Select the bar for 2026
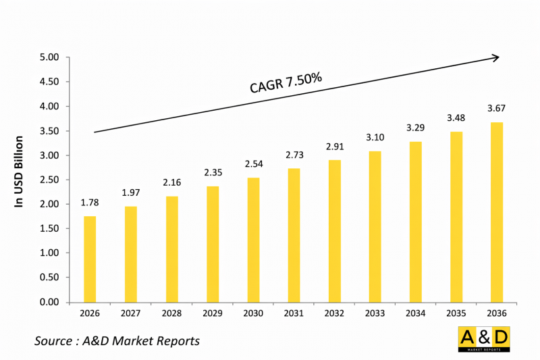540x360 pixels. pos(90,259)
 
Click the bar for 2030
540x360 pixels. pos(252,240)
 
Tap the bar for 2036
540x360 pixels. pos(497,212)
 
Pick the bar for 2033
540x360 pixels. pos(375,226)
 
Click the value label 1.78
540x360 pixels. pos(90,203)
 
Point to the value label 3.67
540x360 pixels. pos(497,108)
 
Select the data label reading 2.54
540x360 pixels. pos(252,164)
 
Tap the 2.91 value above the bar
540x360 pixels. pos(334,146)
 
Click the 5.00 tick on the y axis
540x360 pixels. pos(50,57)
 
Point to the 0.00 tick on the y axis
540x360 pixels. pos(50,302)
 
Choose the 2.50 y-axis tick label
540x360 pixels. pos(50,180)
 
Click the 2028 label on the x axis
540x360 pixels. pos(171,314)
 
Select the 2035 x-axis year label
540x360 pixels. pos(456,314)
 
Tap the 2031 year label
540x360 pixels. pos(294,314)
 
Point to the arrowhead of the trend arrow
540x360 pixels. pos(495,58)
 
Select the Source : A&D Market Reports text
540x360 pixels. pos(117,341)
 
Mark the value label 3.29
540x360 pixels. pos(416,127)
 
